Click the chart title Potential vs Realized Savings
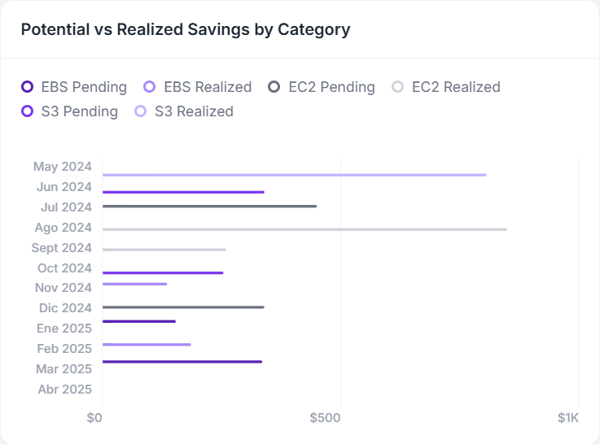(x=186, y=29)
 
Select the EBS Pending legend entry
(x=74, y=87)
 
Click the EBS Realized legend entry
(x=198, y=87)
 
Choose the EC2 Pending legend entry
(x=322, y=87)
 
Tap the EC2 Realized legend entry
(x=446, y=87)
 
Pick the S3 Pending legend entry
(x=70, y=111)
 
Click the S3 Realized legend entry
(x=185, y=111)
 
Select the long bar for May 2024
(x=294, y=175)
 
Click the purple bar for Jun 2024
(x=183, y=192)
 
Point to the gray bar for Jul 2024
(x=209, y=207)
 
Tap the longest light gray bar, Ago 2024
(x=304, y=229)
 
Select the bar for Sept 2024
(x=164, y=250)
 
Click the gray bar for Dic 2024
(x=183, y=307)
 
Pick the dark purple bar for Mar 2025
(x=182, y=361)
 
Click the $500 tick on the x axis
(x=325, y=418)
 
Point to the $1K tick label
(x=567, y=418)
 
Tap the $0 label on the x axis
(x=94, y=418)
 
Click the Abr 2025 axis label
(x=65, y=389)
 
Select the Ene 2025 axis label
(x=64, y=329)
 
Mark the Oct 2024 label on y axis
(x=64, y=268)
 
